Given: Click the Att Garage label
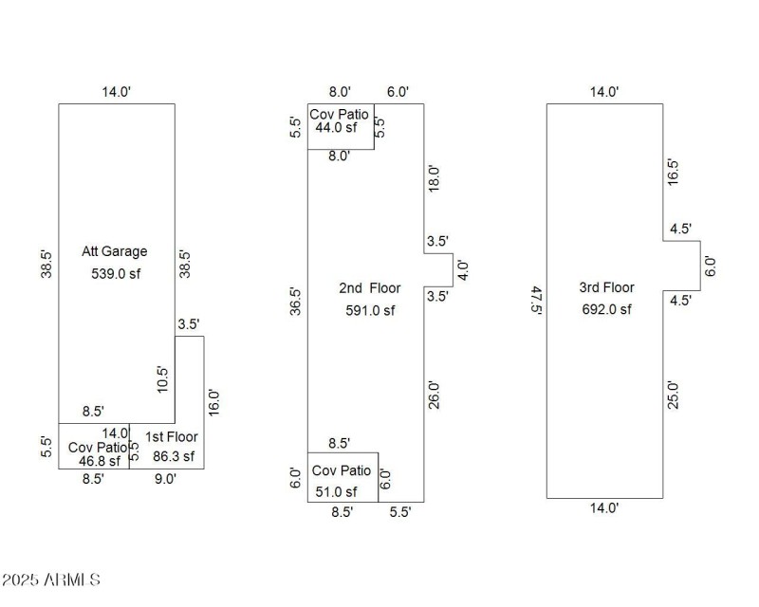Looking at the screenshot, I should pos(115,251).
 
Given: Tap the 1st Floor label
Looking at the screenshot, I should pos(173,438).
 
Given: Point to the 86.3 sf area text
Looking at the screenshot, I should pos(173,456).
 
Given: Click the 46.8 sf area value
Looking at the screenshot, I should pos(100,461).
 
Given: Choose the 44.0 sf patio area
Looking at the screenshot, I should pos(337,127).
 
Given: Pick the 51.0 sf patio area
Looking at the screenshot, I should pos(336,490).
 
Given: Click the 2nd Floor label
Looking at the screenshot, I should pos(370,288).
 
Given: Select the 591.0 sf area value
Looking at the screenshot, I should pos(370,309).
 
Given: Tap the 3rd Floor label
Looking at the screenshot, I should pos(607,287).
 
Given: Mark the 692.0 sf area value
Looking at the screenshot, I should pos(607,308).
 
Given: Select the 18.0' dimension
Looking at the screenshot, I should pos(435,179).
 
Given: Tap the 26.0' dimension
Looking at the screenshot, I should pos(435,395).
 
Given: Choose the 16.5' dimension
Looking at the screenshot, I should pos(674,172).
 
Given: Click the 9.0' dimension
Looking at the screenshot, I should pos(165,479).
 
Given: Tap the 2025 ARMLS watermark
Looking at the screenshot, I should pos(51,579).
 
